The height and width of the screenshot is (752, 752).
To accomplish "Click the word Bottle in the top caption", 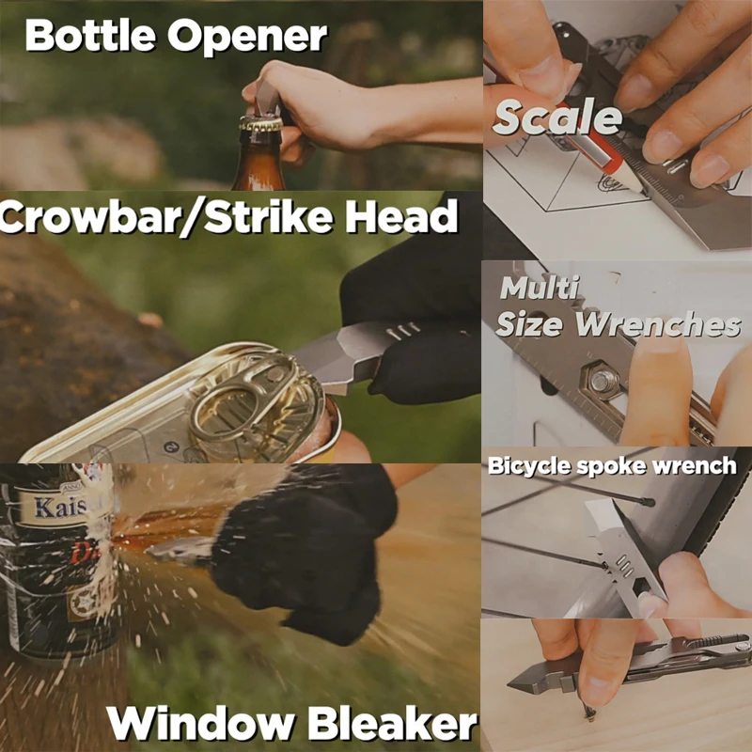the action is click(90, 36).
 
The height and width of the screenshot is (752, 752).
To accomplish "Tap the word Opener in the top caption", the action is click(247, 37).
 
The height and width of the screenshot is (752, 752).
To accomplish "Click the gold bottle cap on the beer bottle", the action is click(261, 124).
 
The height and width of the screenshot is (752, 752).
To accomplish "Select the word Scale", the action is click(557, 117).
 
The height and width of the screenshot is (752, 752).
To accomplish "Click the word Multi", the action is click(539, 288).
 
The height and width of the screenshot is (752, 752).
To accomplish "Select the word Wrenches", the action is click(658, 324).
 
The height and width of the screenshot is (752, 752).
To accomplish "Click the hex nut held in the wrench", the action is click(601, 382).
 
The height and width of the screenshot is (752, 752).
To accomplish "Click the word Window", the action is click(200, 723).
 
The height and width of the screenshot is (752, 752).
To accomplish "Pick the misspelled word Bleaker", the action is click(393, 723).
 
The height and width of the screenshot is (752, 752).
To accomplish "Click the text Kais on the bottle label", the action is click(61, 508).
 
